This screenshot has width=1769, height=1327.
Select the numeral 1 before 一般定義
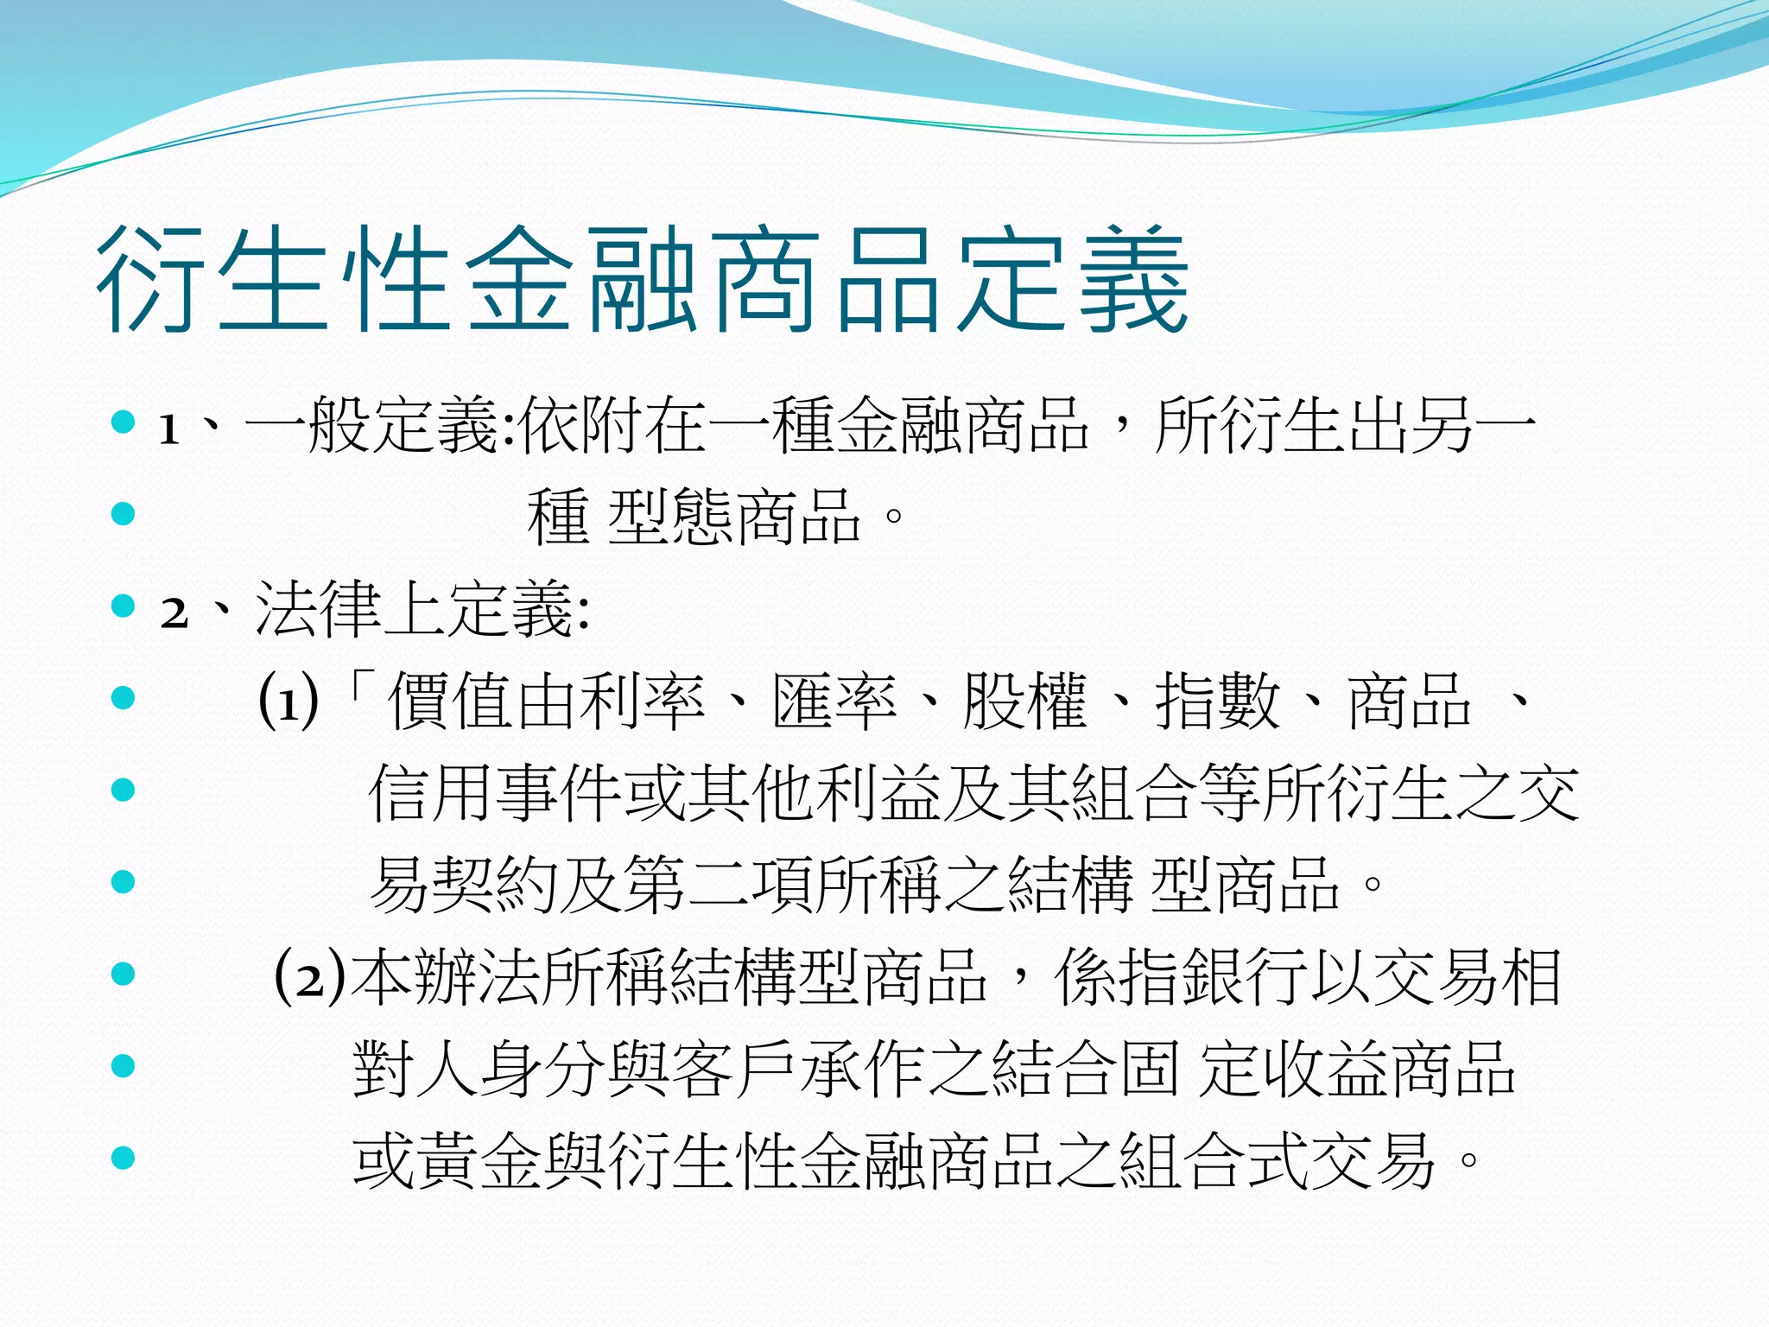tap(169, 429)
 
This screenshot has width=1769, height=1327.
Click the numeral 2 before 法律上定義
tap(174, 613)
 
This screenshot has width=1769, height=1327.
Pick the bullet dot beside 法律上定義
tap(124, 606)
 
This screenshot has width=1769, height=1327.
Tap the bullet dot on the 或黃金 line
tap(124, 1158)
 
